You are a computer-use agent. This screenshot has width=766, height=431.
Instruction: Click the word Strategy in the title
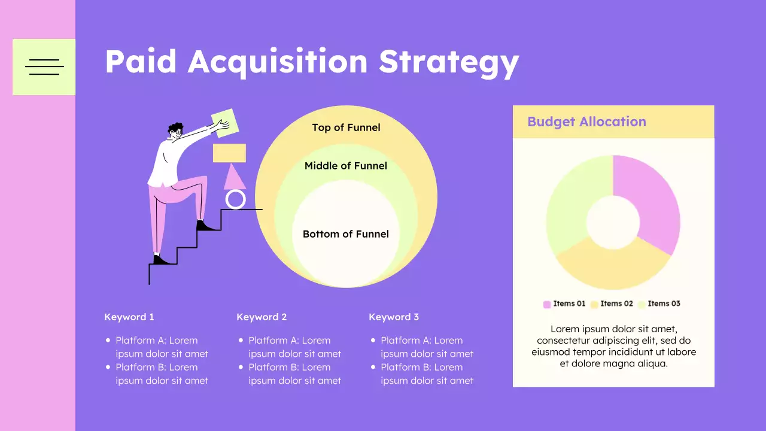pyautogui.click(x=449, y=61)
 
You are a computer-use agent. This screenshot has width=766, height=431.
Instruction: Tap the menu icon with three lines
pyautogui.click(x=44, y=67)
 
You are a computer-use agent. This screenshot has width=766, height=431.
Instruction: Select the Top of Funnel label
pyautogui.click(x=346, y=128)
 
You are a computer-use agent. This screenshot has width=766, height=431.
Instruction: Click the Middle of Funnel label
pyautogui.click(x=346, y=166)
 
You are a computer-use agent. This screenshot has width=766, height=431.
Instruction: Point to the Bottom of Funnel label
pyautogui.click(x=346, y=234)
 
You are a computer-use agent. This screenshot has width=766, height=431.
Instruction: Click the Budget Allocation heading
pyautogui.click(x=586, y=122)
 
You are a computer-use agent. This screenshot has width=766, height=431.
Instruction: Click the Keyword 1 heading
pyautogui.click(x=129, y=317)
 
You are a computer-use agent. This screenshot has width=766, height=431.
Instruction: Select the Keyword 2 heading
pyautogui.click(x=262, y=317)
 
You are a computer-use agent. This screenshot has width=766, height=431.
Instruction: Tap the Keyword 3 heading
pyautogui.click(x=394, y=317)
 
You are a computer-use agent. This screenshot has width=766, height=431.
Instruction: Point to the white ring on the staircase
pyautogui.click(x=236, y=199)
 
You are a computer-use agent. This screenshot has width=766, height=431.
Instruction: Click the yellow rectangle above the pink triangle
pyautogui.click(x=229, y=153)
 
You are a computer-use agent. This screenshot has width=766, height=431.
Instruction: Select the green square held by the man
pyautogui.click(x=224, y=123)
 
